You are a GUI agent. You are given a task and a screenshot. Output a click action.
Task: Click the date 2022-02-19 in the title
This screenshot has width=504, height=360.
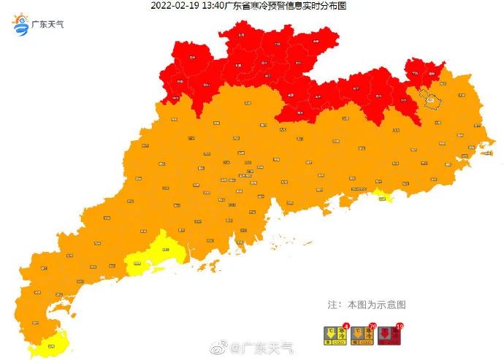coord(174,6)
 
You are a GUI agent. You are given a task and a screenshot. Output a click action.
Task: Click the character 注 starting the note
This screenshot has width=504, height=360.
coord(332,304)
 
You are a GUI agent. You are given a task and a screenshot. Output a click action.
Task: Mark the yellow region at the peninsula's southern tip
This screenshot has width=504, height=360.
coord(53,342)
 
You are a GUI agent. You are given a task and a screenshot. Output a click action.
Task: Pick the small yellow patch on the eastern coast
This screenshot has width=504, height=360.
coord(381,195)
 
